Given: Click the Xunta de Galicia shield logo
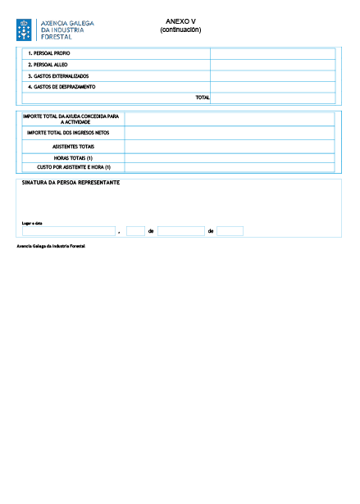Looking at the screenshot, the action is [x=24, y=30].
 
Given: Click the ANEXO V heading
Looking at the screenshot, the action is [x=180, y=21].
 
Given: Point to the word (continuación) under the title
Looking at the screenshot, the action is [x=180, y=30].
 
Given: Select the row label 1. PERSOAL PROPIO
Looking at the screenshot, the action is [x=49, y=53].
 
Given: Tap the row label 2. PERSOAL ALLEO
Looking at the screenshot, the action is [x=48, y=65].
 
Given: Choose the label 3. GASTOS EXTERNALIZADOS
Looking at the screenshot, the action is [x=58, y=76].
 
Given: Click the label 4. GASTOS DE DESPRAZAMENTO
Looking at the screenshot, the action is [x=62, y=87].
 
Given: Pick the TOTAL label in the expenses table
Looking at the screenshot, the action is [x=203, y=98].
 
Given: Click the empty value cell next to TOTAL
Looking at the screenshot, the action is [x=273, y=98].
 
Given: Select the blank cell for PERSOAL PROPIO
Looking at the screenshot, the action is [x=273, y=54].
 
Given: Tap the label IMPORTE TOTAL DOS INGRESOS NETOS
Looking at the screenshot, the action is [x=68, y=133].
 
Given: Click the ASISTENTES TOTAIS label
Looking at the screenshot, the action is [x=73, y=147].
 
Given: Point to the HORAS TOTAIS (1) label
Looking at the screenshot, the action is [x=73, y=158].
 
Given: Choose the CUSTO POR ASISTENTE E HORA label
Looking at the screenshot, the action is [x=74, y=167].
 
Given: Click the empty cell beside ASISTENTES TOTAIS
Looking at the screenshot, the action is [x=230, y=147].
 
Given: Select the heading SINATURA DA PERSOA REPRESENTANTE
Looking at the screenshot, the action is [x=71, y=183].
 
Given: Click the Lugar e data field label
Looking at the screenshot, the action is [x=32, y=223].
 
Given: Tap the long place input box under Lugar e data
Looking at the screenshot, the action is [x=69, y=231].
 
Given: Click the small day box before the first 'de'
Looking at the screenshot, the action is [x=136, y=231].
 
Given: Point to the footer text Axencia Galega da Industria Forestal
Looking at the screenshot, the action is [x=51, y=246].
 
